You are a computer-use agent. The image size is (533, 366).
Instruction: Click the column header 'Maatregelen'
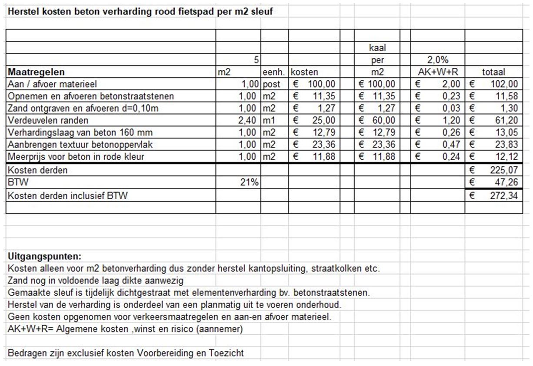36,72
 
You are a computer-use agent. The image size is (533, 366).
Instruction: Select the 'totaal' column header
493,72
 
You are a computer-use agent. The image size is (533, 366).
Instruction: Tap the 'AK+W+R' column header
437,72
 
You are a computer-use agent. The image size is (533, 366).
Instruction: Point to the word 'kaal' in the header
377,49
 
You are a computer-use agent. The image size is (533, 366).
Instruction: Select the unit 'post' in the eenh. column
272,84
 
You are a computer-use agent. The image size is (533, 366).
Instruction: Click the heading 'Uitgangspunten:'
45,256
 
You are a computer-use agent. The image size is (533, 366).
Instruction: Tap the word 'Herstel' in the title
20,12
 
